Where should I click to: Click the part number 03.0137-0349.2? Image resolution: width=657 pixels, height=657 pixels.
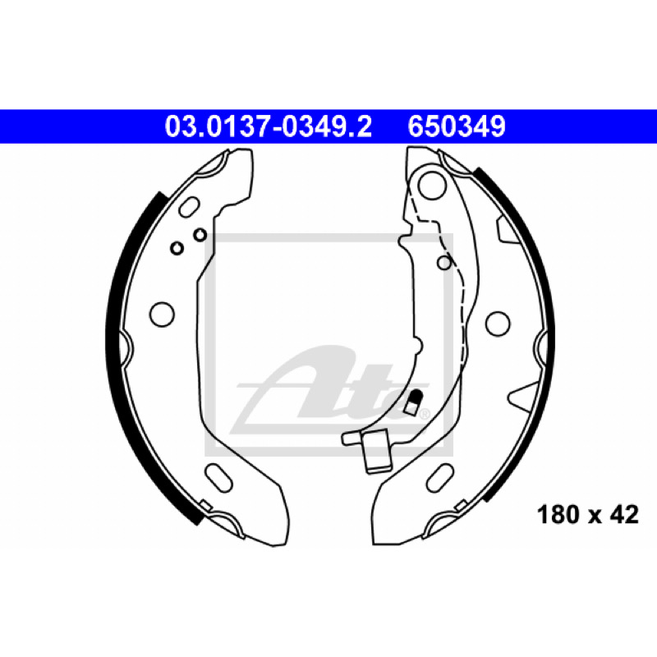pyautogui.click(x=269, y=126)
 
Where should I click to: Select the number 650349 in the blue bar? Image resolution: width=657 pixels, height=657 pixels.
pyautogui.click(x=457, y=126)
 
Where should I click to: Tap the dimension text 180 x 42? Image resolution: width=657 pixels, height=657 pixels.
pyautogui.click(x=588, y=515)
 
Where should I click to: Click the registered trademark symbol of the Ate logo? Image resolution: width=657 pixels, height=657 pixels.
pyautogui.click(x=424, y=415)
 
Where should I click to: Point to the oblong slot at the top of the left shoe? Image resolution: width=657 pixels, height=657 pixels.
pyautogui.click(x=189, y=207)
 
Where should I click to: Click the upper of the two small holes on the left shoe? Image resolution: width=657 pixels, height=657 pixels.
pyautogui.click(x=200, y=235)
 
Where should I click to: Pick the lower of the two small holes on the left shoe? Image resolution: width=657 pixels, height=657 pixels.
pyautogui.click(x=177, y=248)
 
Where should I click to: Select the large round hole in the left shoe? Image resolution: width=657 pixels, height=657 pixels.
pyautogui.click(x=162, y=315)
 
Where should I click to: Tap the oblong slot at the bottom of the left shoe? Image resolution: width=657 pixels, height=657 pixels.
pyautogui.click(x=218, y=477)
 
